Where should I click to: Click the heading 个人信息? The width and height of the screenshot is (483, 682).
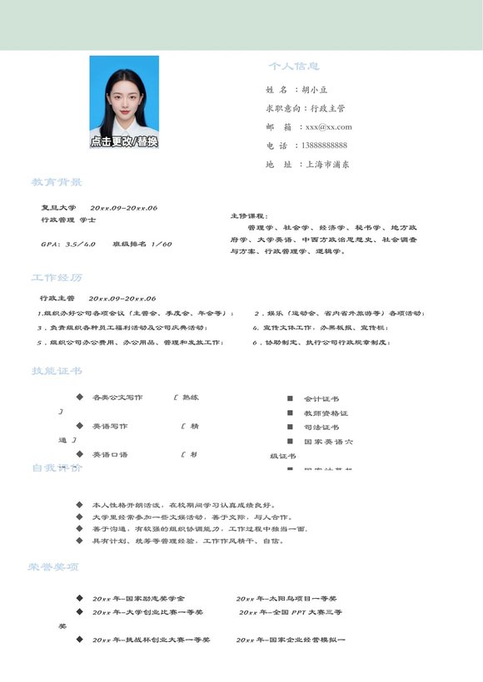click(293, 66)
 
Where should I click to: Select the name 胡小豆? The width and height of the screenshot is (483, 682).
click(315, 89)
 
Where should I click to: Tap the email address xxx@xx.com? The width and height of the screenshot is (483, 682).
click(328, 126)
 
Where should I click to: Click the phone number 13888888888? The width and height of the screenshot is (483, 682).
click(324, 146)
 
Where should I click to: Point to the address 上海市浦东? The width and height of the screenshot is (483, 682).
click(327, 165)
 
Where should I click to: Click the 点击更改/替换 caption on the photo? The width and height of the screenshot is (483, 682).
click(124, 141)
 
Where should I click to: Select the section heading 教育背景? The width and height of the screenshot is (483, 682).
click(57, 182)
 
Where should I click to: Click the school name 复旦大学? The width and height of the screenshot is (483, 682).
click(58, 207)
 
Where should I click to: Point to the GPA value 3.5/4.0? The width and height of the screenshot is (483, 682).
click(80, 244)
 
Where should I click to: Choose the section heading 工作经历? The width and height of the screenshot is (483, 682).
click(57, 277)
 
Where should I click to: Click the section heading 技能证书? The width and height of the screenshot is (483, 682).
click(57, 371)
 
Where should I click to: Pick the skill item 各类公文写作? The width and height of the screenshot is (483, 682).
click(117, 398)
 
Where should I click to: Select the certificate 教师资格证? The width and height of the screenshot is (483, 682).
click(326, 413)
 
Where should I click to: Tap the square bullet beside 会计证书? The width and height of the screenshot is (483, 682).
click(290, 398)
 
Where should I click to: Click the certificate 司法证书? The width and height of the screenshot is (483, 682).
click(321, 427)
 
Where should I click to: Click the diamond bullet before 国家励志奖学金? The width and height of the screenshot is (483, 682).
click(79, 598)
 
